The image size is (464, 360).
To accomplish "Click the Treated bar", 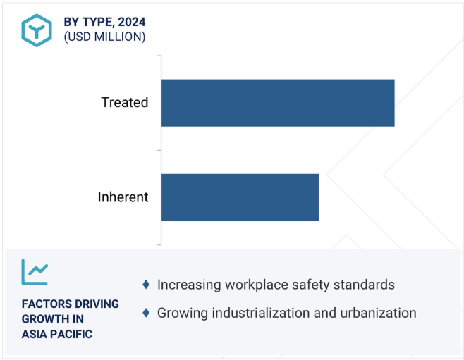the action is (x=278, y=103).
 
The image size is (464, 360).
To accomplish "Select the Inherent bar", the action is (x=240, y=197).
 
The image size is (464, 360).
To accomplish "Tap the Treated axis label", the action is (x=125, y=103).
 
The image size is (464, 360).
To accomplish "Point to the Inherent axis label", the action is (x=123, y=197).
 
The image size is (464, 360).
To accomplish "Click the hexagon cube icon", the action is (x=37, y=30).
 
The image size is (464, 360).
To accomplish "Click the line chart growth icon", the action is (x=35, y=272).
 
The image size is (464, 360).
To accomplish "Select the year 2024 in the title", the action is (x=132, y=22).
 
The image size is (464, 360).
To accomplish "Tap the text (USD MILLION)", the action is (x=104, y=37).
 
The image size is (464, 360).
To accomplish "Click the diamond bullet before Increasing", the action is (x=146, y=285).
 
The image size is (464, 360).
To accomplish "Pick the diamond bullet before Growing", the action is (x=146, y=313).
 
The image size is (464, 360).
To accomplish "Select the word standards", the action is (x=364, y=285).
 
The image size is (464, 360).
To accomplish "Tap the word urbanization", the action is (x=378, y=313).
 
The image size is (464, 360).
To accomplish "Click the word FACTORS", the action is (x=42, y=304).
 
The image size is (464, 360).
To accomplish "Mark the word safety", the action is (x=311, y=285).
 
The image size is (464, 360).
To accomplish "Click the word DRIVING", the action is (x=93, y=304).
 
